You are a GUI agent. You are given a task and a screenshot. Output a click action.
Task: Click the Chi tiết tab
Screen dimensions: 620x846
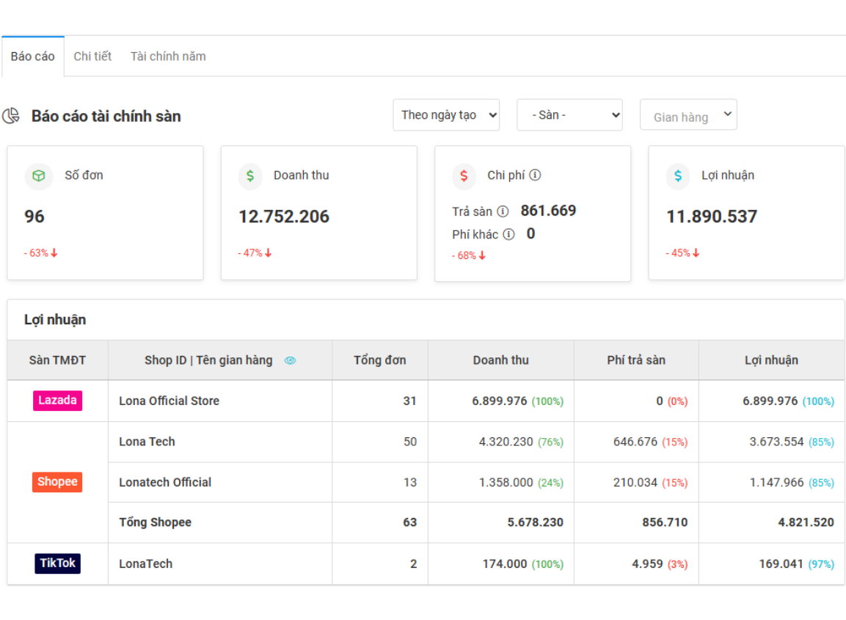pos(92,56)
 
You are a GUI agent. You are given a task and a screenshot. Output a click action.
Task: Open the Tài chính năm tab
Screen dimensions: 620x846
pos(168,56)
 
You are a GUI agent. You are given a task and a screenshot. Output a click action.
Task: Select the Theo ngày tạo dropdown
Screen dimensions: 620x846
pos(446,115)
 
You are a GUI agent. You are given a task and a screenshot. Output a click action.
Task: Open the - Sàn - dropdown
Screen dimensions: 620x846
pos(569,115)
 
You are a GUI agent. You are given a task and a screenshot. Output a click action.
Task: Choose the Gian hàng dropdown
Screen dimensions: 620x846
pos(688,115)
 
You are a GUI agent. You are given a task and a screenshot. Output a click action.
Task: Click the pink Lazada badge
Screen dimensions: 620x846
pos(57,401)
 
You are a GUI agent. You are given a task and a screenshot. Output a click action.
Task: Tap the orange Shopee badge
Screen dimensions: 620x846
pos(57,482)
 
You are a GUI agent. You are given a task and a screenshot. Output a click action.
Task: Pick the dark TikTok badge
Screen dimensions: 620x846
pos(57,564)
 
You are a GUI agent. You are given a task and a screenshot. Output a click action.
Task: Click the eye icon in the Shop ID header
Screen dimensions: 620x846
pos(290,360)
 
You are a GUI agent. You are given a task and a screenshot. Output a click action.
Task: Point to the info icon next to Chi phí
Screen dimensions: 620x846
pos(536,175)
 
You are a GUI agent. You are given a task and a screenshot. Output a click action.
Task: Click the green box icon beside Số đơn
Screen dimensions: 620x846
pos(39,176)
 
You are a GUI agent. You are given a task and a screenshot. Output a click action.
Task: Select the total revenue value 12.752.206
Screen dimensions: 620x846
pos(284,216)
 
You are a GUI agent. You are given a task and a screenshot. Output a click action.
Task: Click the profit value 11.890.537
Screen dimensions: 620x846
pos(712,216)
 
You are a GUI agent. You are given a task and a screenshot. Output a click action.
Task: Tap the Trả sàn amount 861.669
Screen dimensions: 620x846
pos(548,211)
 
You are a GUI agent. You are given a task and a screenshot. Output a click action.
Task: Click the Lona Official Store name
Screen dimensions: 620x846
pos(169,401)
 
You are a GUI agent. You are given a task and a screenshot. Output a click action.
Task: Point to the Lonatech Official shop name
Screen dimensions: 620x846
pos(165,482)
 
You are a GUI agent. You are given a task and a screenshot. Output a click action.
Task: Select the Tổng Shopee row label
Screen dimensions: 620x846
pos(155,522)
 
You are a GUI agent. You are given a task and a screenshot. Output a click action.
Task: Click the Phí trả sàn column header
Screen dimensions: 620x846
pos(636,360)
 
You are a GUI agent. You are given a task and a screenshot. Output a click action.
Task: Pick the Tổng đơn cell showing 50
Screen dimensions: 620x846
pos(409,442)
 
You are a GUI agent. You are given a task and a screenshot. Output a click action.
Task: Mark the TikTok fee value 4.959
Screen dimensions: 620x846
pos(647,564)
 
